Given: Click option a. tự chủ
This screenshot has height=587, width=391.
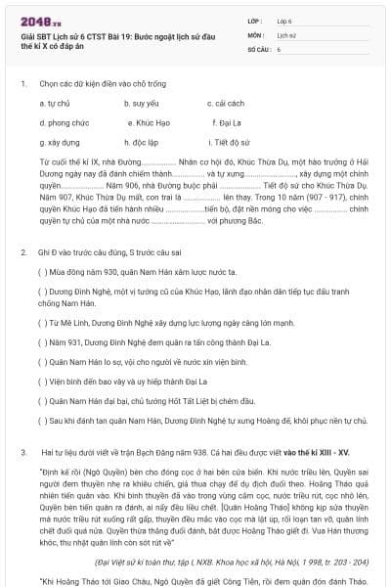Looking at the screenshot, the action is [55, 103].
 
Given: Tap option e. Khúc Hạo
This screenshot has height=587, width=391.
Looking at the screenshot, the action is [150, 122].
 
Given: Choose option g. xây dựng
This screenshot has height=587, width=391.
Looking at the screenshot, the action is [60, 142].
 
